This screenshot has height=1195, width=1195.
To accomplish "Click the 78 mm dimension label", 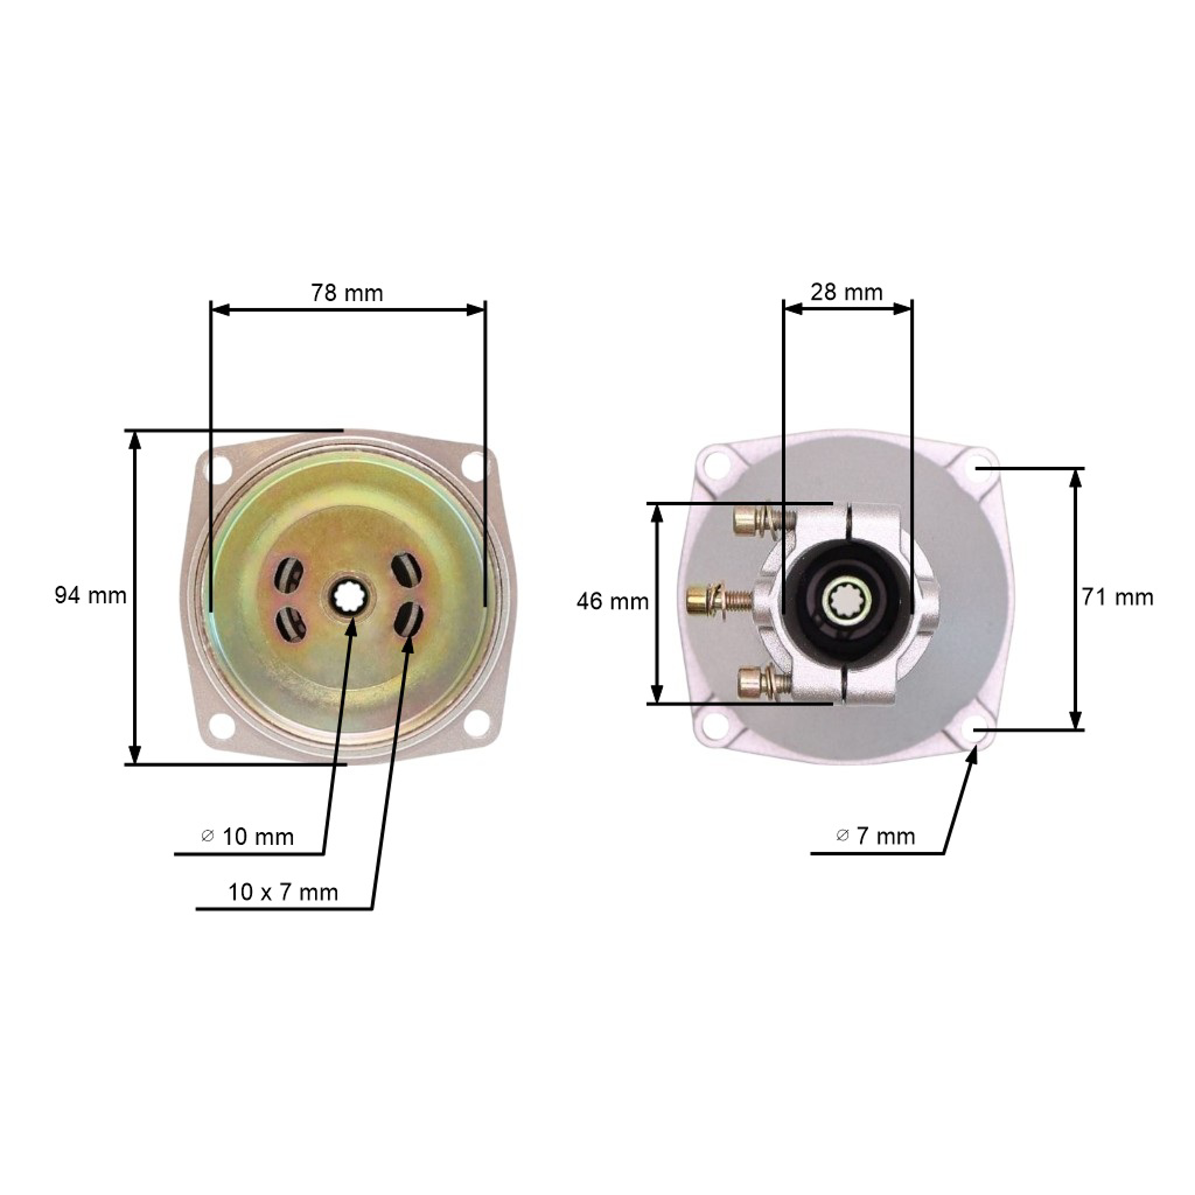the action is point(347,292).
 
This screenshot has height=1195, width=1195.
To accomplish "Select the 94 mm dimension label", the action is point(90,595).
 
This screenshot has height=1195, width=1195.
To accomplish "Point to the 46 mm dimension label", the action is point(612,601).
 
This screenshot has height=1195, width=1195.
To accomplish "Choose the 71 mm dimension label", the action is point(1118,597).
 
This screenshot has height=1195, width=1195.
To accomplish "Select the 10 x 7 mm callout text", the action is point(283,892).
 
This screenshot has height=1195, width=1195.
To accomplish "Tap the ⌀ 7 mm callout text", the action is point(875,836).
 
